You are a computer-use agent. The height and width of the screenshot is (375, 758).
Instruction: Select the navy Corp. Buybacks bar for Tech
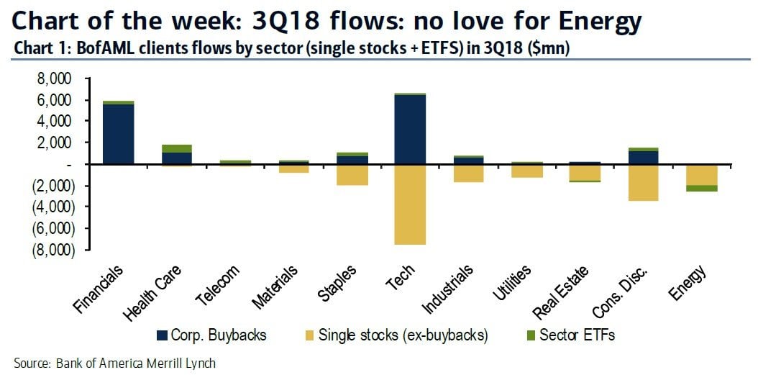click(x=410, y=130)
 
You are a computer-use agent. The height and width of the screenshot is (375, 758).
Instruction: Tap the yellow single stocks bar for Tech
click(x=410, y=204)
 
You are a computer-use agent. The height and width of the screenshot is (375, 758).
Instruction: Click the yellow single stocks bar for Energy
click(x=701, y=175)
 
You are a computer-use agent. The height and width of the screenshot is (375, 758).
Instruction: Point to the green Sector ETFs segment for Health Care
click(x=176, y=148)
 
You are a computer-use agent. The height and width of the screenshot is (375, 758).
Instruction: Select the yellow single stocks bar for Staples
click(x=352, y=175)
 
